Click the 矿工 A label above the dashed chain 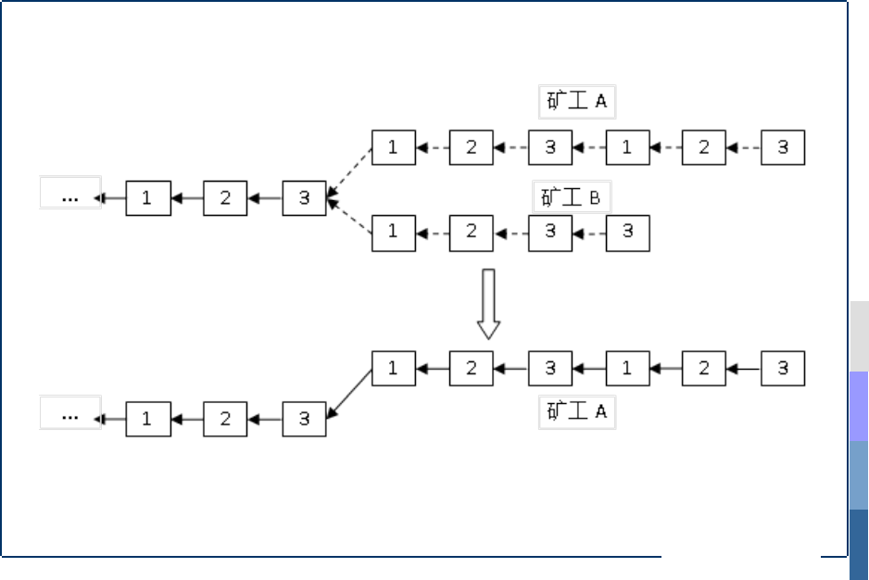point(576,101)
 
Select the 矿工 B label point(572,197)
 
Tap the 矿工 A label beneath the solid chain point(576,411)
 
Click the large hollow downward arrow point(488,304)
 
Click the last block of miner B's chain point(627,233)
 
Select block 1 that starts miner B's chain point(393,233)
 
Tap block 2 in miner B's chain point(472,233)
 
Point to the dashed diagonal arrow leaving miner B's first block point(350,215)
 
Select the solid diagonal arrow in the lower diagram point(350,393)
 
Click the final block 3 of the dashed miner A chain point(783,147)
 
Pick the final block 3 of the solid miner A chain point(783,369)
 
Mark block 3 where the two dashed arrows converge point(304,198)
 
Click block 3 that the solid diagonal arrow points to point(304,419)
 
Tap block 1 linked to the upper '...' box point(147,198)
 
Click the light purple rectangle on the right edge point(859,406)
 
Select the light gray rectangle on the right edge point(859,335)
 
